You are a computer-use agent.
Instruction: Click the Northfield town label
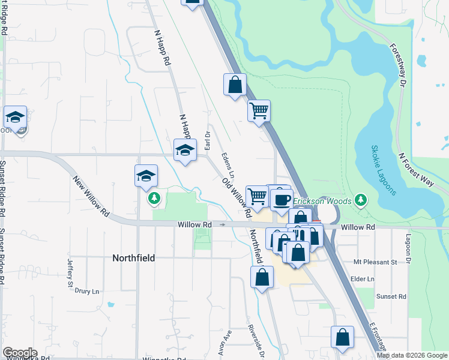coord(133,258)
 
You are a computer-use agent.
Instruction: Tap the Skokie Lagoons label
coord(382,170)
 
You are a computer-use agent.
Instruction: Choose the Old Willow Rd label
coord(236,197)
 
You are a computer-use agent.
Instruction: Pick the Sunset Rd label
coord(391,296)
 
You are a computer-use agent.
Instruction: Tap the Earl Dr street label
coord(207,141)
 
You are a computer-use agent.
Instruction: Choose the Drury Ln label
coord(87,291)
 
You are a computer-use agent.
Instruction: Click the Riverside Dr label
coord(255,340)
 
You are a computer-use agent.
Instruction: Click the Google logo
coord(20,353)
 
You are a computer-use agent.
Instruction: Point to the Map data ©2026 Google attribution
coord(411,355)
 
